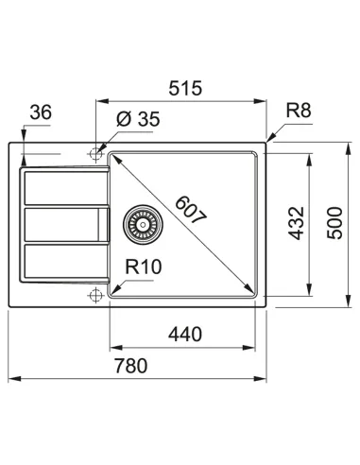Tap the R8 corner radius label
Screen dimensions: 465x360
pos(300,111)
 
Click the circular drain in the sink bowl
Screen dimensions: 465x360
pos(142,223)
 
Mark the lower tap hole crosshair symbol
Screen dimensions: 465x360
pos(94,296)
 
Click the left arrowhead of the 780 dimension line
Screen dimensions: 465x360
pos(11,380)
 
